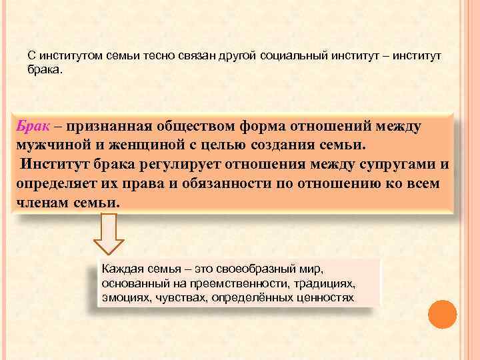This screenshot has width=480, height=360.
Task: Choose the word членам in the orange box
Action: pyautogui.click(x=41, y=201)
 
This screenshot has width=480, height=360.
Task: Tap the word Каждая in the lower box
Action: pyautogui.click(x=121, y=269)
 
